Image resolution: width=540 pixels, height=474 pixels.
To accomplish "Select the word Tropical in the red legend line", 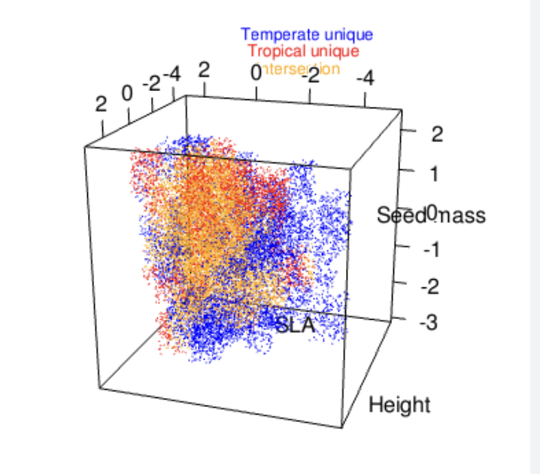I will click(x=276, y=52).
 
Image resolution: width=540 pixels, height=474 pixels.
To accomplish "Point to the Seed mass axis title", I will click(x=431, y=216).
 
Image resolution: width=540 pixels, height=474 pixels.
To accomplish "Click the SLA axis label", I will click(x=294, y=326).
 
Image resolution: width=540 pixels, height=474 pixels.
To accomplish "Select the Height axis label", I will click(x=399, y=406).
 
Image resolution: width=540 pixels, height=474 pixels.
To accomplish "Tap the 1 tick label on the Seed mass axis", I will click(x=435, y=174).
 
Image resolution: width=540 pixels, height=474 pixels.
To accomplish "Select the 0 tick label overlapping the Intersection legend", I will click(x=256, y=74).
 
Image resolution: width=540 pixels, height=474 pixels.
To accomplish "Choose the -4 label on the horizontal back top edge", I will click(x=366, y=77).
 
